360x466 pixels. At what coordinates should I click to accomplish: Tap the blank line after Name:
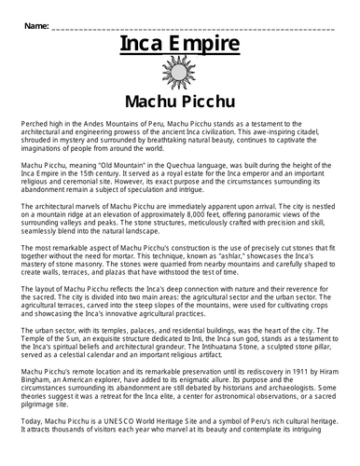tap(196, 28)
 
